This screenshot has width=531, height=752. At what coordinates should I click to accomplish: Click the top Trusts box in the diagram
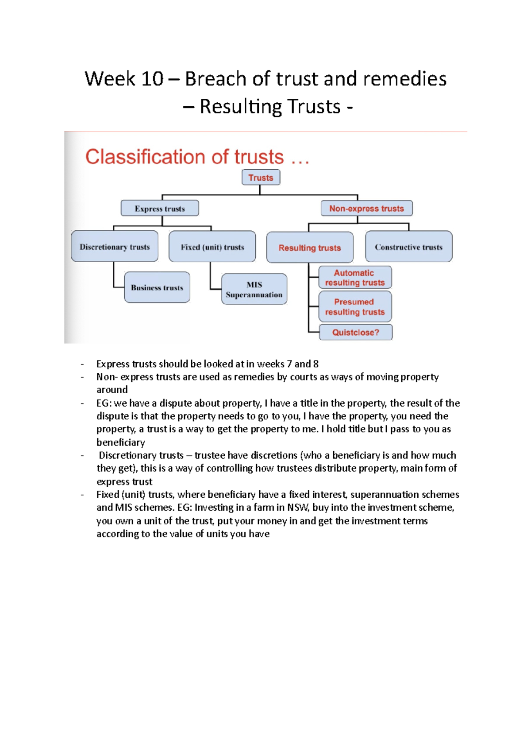[261, 177]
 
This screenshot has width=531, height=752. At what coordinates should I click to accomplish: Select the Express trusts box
[160, 208]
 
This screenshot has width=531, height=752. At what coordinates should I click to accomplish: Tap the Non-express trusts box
[366, 208]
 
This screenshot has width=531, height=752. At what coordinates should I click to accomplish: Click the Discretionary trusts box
[115, 246]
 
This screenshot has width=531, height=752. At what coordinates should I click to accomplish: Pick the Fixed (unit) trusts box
[212, 247]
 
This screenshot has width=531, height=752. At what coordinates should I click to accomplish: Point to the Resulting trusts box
[309, 248]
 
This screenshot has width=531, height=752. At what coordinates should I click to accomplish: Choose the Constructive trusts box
[408, 247]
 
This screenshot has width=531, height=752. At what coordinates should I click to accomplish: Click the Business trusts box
[157, 287]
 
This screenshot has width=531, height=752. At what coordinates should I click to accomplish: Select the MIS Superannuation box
[254, 289]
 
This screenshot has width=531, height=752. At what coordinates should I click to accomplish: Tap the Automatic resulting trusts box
[355, 278]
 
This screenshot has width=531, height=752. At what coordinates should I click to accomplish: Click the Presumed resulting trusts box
[355, 306]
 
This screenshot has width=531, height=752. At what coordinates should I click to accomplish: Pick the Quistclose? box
[355, 332]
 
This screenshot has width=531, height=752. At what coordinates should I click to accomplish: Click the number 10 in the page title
[152, 79]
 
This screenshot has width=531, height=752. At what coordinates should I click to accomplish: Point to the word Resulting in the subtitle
[241, 107]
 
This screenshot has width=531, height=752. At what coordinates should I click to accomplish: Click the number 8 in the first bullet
[316, 364]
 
